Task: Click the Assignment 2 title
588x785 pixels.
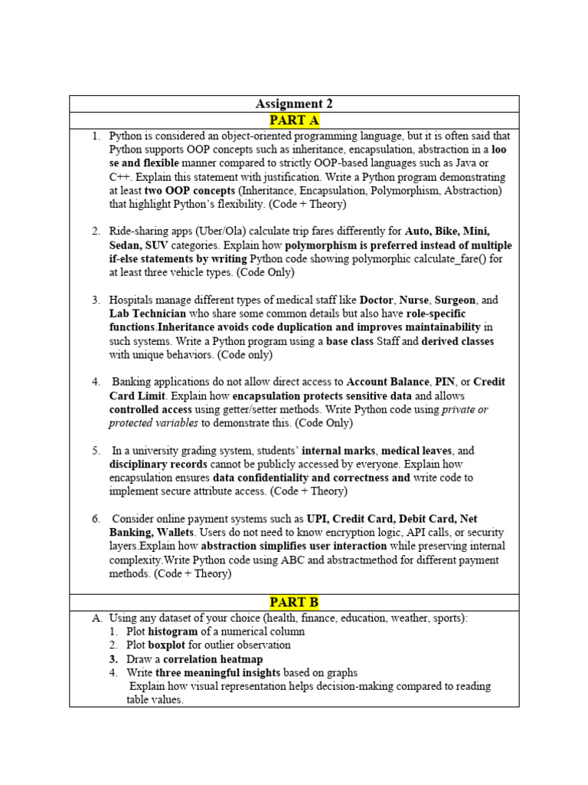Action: [x=294, y=103]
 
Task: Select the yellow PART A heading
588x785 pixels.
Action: [x=294, y=120]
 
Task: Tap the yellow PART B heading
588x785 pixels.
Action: [x=294, y=602]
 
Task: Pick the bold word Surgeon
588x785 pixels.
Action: [x=455, y=301]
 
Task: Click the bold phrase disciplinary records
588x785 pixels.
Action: [x=158, y=465]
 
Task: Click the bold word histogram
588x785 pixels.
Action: [x=172, y=632]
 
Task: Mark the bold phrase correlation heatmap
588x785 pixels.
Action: [x=213, y=659]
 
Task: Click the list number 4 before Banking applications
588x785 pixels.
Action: [x=96, y=382]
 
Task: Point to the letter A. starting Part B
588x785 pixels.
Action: [x=96, y=618]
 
